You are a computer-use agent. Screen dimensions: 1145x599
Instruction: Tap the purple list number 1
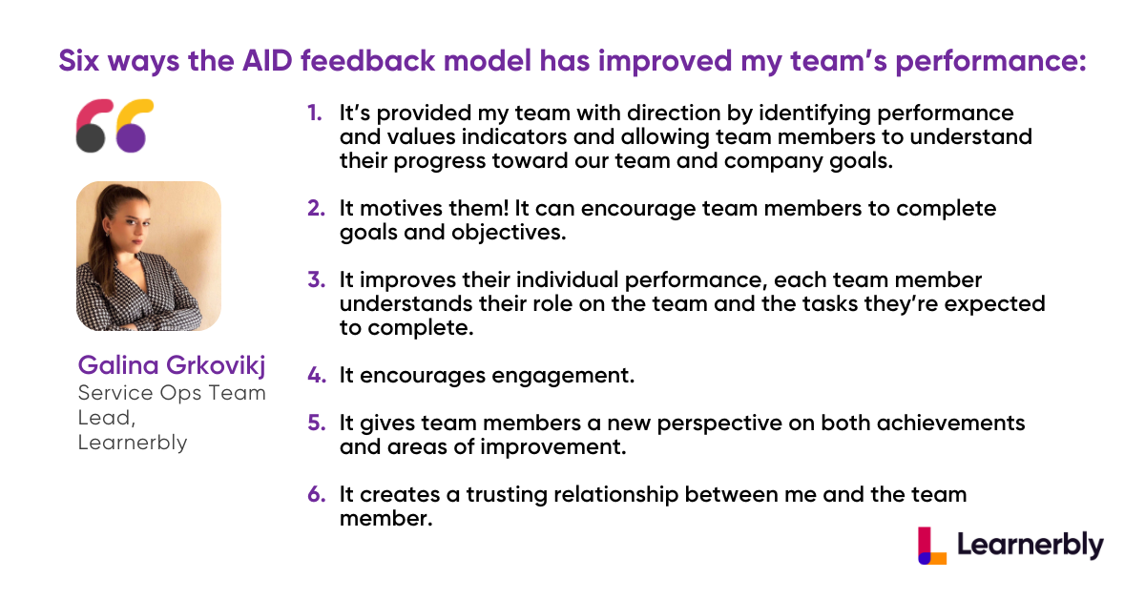[315, 113]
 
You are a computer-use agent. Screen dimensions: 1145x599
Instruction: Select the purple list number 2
[317, 209]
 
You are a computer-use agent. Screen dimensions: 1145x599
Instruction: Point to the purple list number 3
[317, 280]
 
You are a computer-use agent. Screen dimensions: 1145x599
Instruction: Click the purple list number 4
[317, 376]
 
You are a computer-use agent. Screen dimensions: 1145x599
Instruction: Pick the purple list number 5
[317, 423]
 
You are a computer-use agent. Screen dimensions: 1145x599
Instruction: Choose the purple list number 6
[317, 495]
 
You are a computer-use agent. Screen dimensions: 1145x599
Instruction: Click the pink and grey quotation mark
[94, 126]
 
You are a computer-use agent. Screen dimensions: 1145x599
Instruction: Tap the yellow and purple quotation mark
[135, 126]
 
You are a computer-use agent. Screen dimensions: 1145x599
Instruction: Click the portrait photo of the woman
[149, 256]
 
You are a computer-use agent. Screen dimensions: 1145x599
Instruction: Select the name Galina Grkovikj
[172, 365]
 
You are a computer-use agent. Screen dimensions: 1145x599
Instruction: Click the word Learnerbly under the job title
[133, 444]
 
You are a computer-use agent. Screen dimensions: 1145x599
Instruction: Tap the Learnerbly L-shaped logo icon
[932, 546]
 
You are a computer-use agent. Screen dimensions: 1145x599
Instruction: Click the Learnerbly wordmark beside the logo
[1030, 546]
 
